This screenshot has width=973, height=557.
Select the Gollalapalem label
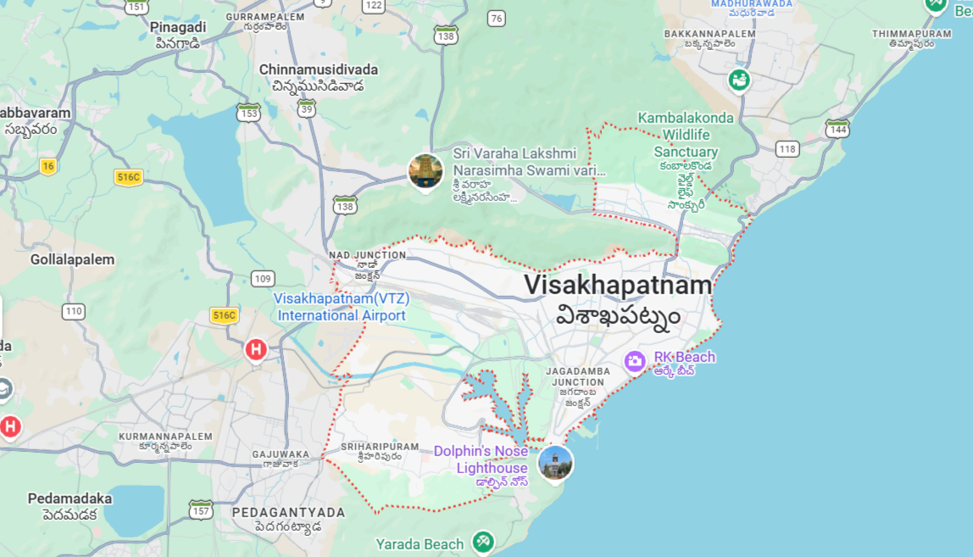(72, 259)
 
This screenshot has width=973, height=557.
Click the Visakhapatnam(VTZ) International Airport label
(342, 307)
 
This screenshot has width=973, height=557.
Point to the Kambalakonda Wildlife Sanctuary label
(686, 135)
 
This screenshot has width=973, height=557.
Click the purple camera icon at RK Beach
(635, 361)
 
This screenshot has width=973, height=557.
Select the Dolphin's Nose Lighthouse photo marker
(555, 462)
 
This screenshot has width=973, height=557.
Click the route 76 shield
(497, 19)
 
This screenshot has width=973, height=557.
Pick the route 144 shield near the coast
(837, 128)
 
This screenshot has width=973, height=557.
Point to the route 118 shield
(787, 149)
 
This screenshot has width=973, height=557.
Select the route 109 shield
(263, 279)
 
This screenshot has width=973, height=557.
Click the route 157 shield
(201, 510)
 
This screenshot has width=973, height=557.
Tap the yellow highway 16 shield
(47, 166)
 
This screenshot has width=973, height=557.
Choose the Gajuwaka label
(281, 454)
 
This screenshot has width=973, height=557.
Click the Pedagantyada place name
(289, 512)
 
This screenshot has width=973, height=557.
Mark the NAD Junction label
(367, 254)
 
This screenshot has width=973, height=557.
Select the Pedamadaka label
(69, 499)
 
